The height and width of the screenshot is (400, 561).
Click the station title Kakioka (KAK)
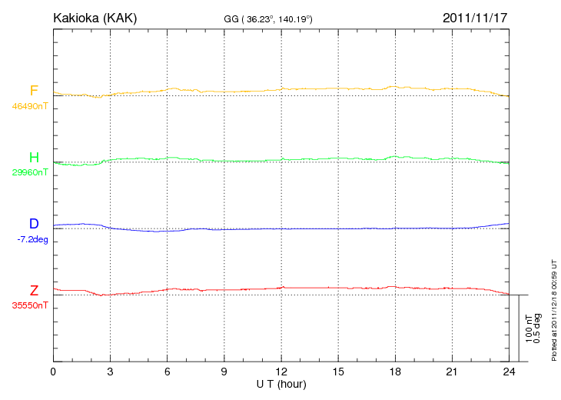(x=95, y=17)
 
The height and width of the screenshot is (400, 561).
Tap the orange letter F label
(x=34, y=91)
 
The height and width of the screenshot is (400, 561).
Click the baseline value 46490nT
(x=30, y=106)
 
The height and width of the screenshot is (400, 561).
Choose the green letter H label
(x=34, y=158)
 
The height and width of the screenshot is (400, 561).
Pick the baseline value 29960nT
(x=30, y=172)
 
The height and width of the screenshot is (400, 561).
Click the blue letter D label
(x=34, y=224)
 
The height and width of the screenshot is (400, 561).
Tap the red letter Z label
(x=34, y=290)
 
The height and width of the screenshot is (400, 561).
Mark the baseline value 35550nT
(x=30, y=305)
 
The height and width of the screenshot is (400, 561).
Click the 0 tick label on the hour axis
(x=53, y=372)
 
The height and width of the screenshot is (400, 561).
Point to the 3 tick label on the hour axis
(x=111, y=372)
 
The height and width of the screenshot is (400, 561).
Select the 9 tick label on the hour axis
(x=224, y=372)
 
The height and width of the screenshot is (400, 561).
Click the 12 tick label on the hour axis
(x=281, y=372)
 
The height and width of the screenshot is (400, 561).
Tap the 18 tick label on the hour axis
(x=396, y=372)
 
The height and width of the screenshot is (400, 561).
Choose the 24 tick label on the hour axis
(x=510, y=372)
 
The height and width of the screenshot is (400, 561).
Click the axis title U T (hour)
(x=281, y=383)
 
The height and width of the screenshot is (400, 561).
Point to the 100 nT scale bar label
(x=528, y=328)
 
